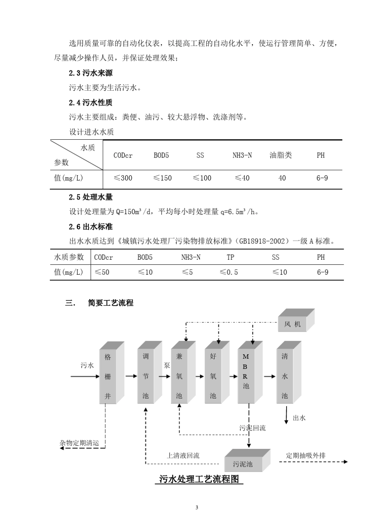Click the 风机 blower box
(x=293, y=324)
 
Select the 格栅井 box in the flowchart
(x=108, y=376)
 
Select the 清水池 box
(x=285, y=376)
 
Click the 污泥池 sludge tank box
(x=243, y=464)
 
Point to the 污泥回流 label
(x=253, y=428)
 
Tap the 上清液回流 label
(x=183, y=456)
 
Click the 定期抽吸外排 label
(x=306, y=455)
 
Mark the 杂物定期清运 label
(x=79, y=443)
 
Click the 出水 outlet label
(x=299, y=418)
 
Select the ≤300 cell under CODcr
(x=123, y=178)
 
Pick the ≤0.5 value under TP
(x=229, y=272)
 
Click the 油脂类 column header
(x=281, y=155)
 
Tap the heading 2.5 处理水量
(x=91, y=197)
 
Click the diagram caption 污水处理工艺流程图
(x=199, y=479)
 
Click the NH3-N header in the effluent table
(x=191, y=257)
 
